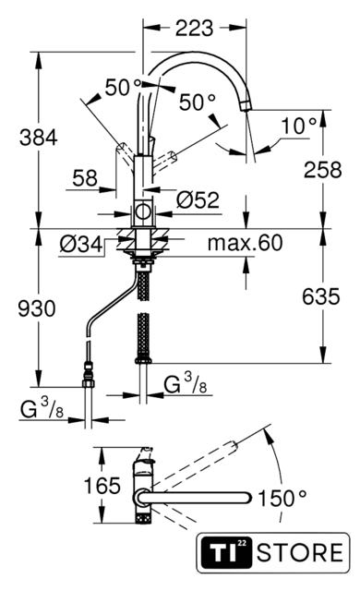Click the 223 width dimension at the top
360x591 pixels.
(195, 28)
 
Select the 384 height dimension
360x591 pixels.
(39, 138)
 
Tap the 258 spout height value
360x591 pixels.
(323, 170)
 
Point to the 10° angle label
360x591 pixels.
(300, 126)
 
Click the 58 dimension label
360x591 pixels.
(85, 178)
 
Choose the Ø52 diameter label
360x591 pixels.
(198, 199)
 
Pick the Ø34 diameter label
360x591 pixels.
(81, 245)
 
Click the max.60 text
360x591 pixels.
(245, 243)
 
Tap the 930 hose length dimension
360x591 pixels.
(37, 308)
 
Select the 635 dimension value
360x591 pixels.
(321, 296)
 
